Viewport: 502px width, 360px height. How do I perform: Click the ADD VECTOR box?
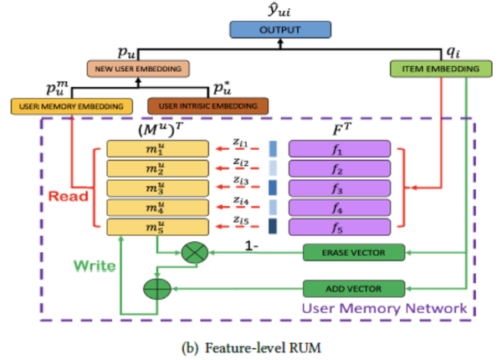pyautogui.click(x=352, y=290)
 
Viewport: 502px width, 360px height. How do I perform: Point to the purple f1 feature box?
pyautogui.click(x=339, y=150)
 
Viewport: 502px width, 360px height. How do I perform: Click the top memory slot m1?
pyautogui.click(x=156, y=150)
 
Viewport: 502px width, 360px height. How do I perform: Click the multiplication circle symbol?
pyautogui.click(x=194, y=251)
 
